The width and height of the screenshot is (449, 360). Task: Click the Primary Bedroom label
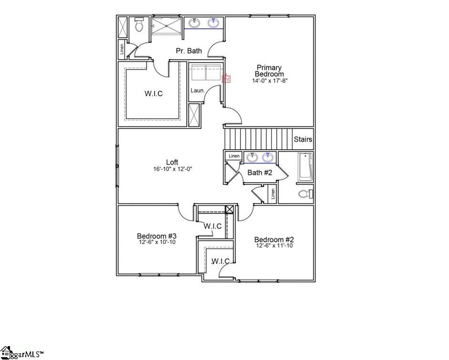click(269, 71)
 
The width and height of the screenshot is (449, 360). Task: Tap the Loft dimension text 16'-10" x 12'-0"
click(172, 169)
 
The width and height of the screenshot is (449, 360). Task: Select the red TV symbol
click(227, 79)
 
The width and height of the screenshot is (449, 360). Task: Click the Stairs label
click(303, 140)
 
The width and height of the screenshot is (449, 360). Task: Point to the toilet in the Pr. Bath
click(139, 25)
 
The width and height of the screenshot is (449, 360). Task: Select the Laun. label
click(198, 90)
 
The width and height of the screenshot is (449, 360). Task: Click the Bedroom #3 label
click(157, 236)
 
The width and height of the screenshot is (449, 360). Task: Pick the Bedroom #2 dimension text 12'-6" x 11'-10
click(274, 246)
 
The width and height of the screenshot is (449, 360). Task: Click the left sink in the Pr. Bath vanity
click(195, 23)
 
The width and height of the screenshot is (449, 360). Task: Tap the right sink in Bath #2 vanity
click(268, 157)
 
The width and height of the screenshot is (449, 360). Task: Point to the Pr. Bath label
click(188, 51)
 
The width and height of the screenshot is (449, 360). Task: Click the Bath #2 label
click(260, 173)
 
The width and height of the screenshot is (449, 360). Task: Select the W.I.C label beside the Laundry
click(154, 93)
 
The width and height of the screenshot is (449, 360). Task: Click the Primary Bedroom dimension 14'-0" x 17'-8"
click(270, 81)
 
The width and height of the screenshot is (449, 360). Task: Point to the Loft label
click(172, 162)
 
